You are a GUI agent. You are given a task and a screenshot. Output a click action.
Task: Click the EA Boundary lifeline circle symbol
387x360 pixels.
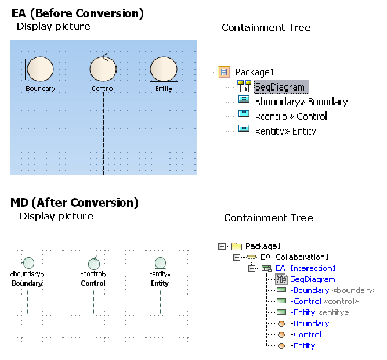click(x=40, y=69)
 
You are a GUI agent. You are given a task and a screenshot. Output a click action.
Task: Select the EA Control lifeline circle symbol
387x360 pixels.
click(x=103, y=69)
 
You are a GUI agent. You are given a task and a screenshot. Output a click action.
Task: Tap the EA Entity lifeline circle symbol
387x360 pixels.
click(x=164, y=69)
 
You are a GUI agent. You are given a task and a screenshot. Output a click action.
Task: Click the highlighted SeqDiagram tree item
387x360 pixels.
click(x=279, y=87)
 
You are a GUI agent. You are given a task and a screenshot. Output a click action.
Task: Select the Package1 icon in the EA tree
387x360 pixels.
click(x=223, y=72)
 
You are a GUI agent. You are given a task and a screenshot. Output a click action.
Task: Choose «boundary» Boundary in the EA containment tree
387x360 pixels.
click(x=301, y=102)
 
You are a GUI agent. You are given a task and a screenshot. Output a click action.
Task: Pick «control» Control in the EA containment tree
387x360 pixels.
click(x=291, y=116)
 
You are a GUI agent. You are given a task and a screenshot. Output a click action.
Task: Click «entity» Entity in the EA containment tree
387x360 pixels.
click(x=285, y=131)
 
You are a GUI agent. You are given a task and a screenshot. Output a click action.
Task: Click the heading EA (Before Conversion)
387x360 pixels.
click(x=77, y=12)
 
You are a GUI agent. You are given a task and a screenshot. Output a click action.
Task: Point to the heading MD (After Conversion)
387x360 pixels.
click(x=74, y=203)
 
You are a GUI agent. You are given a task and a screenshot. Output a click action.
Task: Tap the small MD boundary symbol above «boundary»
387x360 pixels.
click(x=27, y=263)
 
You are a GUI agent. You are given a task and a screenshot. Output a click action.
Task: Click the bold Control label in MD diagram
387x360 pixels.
click(x=93, y=283)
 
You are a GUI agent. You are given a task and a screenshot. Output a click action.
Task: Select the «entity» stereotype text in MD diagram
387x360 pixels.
click(x=160, y=274)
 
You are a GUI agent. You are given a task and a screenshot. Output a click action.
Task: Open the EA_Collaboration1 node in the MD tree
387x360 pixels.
click(x=294, y=257)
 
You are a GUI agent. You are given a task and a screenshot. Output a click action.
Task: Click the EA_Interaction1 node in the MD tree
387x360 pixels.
click(x=305, y=268)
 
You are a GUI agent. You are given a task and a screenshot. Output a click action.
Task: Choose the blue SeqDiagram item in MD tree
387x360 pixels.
click(x=312, y=279)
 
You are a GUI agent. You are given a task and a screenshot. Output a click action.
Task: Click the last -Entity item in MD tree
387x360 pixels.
click(x=303, y=345)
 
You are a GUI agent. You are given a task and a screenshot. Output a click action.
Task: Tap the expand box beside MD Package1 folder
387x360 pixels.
click(x=221, y=246)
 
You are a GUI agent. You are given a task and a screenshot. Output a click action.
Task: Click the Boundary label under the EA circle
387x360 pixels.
click(x=40, y=89)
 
